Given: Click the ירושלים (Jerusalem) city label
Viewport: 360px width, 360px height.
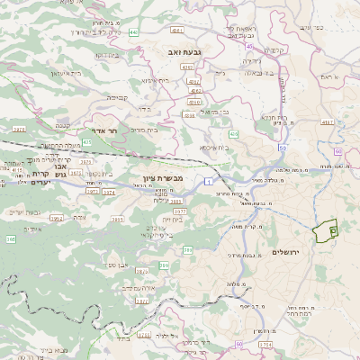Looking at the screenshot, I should point(290,252).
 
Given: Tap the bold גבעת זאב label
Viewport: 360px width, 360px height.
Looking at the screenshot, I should point(184,54).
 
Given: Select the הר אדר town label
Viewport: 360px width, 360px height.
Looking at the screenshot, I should point(106,130).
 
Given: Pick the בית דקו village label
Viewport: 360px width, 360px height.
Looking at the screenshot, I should point(109,54).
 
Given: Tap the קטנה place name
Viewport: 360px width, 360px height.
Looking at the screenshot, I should point(64,126).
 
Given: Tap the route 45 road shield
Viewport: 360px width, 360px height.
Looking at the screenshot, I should point(249,45).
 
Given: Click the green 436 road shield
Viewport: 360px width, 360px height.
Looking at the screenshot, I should point(189,115).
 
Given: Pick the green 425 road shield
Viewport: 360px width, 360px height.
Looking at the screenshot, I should point(87,142).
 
